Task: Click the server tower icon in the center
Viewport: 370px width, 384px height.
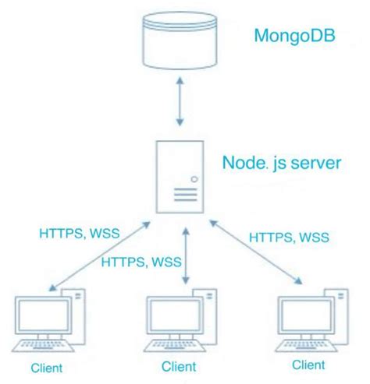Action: pyautogui.click(x=181, y=176)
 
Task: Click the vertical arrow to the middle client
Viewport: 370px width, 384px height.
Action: pyautogui.click(x=185, y=257)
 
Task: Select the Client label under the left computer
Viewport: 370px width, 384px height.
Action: pyautogui.click(x=46, y=367)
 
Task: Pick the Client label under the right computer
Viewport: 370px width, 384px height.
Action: pyautogui.click(x=308, y=365)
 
